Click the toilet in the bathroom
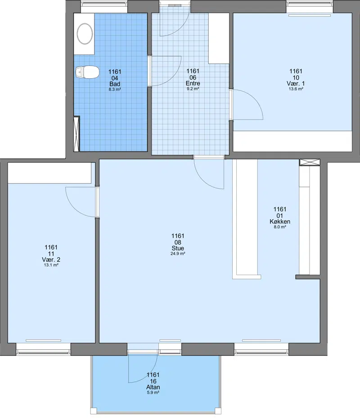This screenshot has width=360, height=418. [87, 72]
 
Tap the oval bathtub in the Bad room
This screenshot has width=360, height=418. [85, 34]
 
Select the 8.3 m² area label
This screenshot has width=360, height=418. [115, 90]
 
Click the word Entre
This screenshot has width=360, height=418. [193, 83]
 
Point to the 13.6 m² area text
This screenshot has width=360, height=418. [296, 89]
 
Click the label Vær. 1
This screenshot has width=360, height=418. [296, 83]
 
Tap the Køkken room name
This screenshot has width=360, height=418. [280, 221]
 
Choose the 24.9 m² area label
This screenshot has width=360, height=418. [178, 254]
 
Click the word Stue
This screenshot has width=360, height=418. [178, 248]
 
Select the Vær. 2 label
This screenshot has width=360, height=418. [51, 260]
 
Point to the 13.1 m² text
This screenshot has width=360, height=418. [51, 265]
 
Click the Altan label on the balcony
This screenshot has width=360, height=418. [153, 387]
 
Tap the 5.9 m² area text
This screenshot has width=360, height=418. [153, 393]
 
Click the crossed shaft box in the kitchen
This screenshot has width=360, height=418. [310, 162]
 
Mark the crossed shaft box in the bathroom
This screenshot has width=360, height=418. [76, 134]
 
